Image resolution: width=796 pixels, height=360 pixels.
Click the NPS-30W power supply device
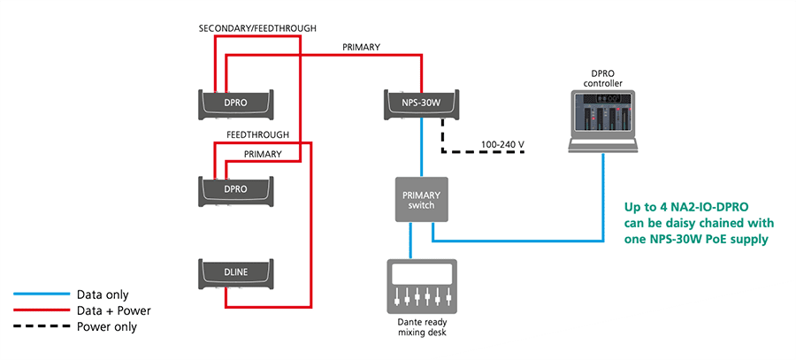point(421,103)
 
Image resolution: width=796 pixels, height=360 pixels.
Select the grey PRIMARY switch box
point(421,199)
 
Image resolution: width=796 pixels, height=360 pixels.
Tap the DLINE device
point(236,275)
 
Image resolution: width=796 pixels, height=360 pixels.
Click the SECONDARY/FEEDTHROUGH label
point(258,28)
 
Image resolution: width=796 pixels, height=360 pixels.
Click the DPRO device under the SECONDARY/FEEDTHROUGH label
point(236,103)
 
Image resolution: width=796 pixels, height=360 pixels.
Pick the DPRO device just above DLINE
point(236,188)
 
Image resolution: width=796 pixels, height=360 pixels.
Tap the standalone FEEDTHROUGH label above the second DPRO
point(258,134)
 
